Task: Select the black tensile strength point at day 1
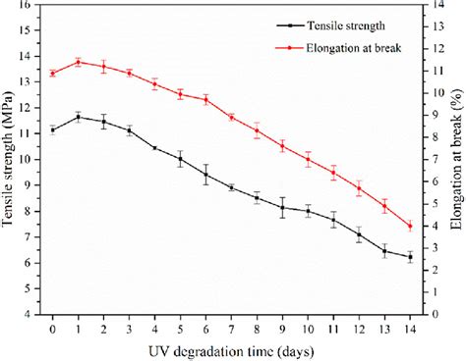point(79,117)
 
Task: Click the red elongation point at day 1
point(79,62)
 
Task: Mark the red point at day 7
point(231,117)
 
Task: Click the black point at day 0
point(53,129)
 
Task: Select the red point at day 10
point(308,159)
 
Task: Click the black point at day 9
point(282,208)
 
